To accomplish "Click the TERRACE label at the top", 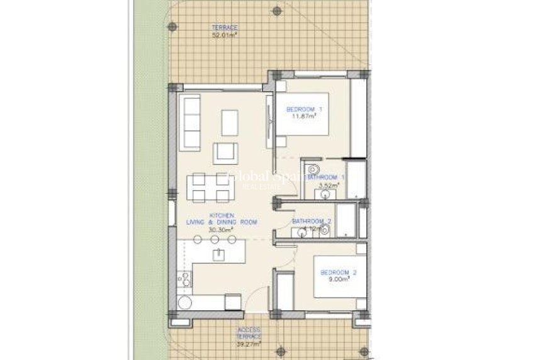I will [x=225, y=28].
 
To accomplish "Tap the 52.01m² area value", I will [x=225, y=35].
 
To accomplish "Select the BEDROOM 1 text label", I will [x=305, y=110].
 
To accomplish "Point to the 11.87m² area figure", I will [x=305, y=116].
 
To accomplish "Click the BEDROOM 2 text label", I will [x=338, y=273].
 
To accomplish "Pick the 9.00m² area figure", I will [x=338, y=279].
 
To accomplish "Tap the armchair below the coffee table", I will [x=225, y=153].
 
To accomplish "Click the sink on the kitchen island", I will [x=218, y=254].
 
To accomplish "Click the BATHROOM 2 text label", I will [x=312, y=222].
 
